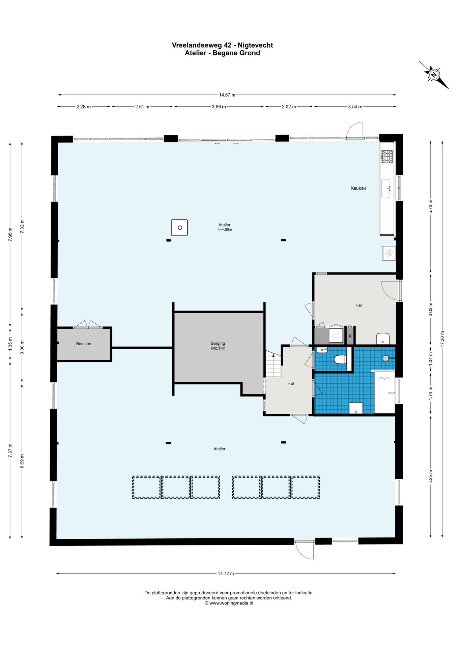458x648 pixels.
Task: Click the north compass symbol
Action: point(434,75)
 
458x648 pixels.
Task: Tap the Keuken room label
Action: point(358,188)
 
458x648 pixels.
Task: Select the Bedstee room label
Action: point(84,344)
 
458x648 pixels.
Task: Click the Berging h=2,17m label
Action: point(218,346)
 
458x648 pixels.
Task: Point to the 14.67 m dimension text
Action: point(227,95)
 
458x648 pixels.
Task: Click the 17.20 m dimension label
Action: point(442,339)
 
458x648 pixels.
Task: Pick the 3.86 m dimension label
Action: point(219,107)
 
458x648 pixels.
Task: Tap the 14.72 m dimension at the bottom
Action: point(226,573)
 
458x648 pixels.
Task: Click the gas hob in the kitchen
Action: point(387,157)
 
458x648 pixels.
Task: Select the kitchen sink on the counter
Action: point(386,189)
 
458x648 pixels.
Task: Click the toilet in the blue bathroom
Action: point(340,359)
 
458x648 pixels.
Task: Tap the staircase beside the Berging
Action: point(273,364)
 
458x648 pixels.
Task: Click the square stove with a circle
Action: point(179,227)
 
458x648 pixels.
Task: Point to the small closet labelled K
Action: point(350,336)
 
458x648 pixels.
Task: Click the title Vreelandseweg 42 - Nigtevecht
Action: point(222,45)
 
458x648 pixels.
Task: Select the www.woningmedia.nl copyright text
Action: point(229,603)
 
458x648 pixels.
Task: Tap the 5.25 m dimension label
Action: point(430,477)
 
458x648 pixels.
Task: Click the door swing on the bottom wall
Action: point(305,550)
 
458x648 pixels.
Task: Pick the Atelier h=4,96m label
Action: point(225,227)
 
